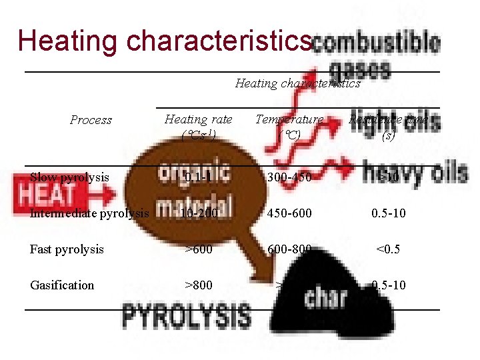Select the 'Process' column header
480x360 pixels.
(x=91, y=120)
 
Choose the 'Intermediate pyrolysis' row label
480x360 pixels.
(x=89, y=213)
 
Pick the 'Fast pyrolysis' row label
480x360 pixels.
(x=67, y=249)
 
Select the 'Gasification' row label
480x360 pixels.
(x=62, y=285)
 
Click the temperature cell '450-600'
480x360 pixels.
(x=289, y=213)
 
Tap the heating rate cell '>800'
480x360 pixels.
(x=198, y=285)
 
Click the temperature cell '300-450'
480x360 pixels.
(x=289, y=177)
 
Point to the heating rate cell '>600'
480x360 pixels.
(x=198, y=249)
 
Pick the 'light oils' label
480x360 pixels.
(x=394, y=123)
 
